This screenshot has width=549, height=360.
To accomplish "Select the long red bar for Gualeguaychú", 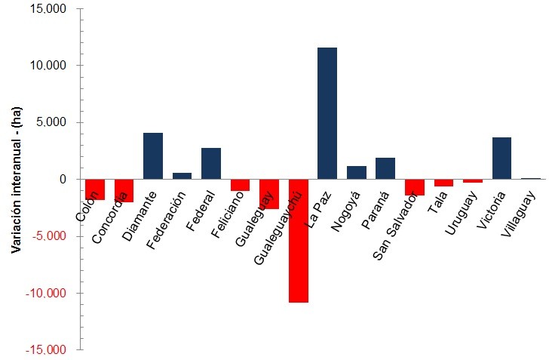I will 298,241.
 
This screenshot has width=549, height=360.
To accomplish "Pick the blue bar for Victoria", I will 501,158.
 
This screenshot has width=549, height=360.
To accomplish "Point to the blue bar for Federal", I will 211,164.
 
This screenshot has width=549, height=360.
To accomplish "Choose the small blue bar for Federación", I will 182,176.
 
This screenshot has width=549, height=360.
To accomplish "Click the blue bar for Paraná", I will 385,168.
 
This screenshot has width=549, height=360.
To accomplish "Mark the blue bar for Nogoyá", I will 356,173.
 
